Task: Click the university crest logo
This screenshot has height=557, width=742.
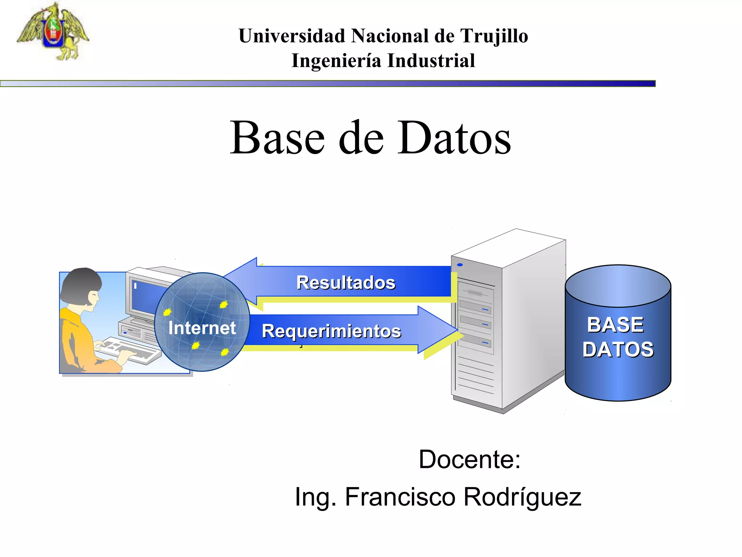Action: [53, 32]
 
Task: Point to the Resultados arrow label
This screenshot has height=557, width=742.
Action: [346, 282]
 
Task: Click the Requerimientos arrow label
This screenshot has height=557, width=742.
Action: [331, 331]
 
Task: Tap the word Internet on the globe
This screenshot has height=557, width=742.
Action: [202, 328]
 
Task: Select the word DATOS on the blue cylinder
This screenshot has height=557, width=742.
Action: [618, 349]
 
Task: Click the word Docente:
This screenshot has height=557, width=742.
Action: [470, 459]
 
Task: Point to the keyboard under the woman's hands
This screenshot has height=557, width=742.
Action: [129, 350]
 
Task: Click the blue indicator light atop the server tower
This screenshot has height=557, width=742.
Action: [460, 265]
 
